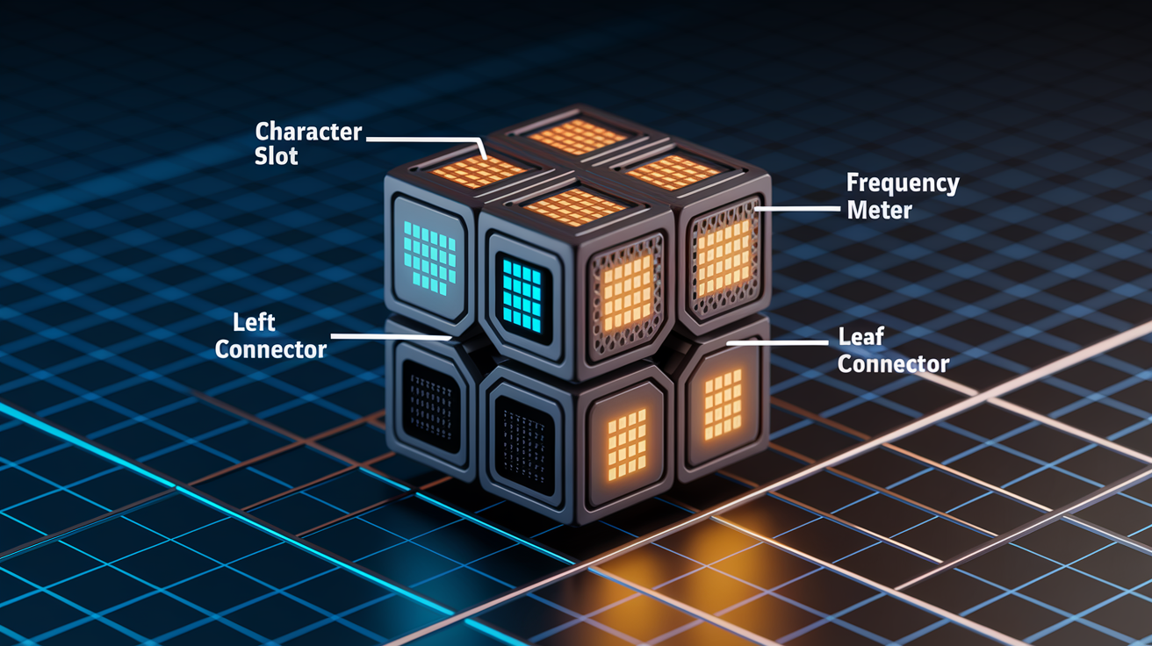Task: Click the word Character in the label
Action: (308, 132)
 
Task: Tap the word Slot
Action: (277, 156)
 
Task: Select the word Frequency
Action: (903, 184)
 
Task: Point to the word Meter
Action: (880, 210)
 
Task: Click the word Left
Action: (254, 323)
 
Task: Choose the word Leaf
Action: (860, 337)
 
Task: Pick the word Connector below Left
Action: (270, 350)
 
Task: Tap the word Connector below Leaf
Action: (893, 364)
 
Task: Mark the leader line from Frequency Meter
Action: (797, 209)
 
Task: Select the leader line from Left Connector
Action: (391, 337)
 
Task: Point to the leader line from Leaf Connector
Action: (777, 342)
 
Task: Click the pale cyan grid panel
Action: (429, 258)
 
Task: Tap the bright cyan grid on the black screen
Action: (522, 295)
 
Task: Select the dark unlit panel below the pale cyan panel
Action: (431, 406)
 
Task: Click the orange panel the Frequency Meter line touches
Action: (724, 257)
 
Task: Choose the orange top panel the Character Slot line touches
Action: (479, 172)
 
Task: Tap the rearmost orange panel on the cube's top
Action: (578, 137)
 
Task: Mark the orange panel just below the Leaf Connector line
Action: (724, 405)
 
